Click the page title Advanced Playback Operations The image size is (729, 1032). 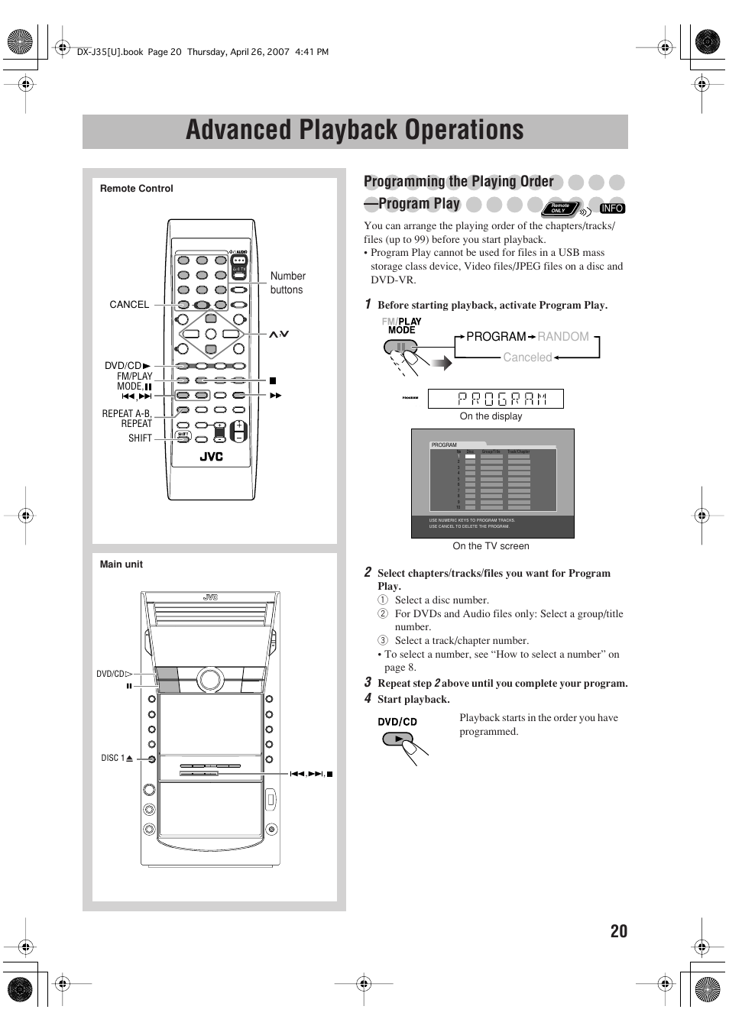(355, 131)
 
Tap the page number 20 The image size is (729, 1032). (618, 930)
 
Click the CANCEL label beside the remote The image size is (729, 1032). (129, 305)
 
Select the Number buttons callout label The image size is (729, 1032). (287, 283)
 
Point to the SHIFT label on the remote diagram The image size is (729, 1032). (140, 438)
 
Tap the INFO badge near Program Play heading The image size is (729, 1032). (612, 209)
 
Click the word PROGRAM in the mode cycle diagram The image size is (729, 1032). (496, 337)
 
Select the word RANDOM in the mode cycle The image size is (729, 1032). (563, 337)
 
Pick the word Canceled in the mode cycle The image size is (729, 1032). (527, 357)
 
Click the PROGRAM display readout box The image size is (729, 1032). (495, 399)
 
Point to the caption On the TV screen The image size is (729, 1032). (491, 546)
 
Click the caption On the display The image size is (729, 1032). (491, 416)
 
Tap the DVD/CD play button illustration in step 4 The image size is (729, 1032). (397, 739)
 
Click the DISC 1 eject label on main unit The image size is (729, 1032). (117, 759)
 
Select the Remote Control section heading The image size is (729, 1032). (137, 189)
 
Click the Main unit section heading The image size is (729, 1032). (122, 565)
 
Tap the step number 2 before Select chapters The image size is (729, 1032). (368, 572)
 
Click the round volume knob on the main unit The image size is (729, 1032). (209, 678)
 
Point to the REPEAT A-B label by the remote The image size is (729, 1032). (127, 413)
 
